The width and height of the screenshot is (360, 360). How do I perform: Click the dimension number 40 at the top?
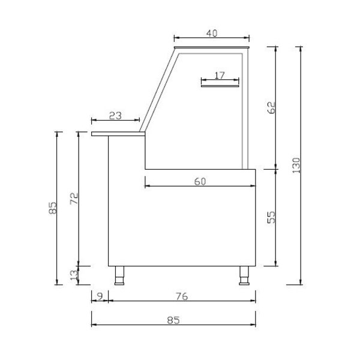(x=211, y=34)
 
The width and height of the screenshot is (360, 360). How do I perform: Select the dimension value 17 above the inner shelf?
(x=220, y=75)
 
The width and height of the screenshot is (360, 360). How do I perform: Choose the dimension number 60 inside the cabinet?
(x=200, y=181)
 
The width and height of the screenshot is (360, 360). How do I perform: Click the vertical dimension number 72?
(x=73, y=199)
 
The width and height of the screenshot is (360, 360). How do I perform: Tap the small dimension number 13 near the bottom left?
(x=73, y=275)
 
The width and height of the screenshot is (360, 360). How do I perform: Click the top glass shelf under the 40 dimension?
(x=211, y=47)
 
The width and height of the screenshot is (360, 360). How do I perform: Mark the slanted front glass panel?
(x=158, y=90)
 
